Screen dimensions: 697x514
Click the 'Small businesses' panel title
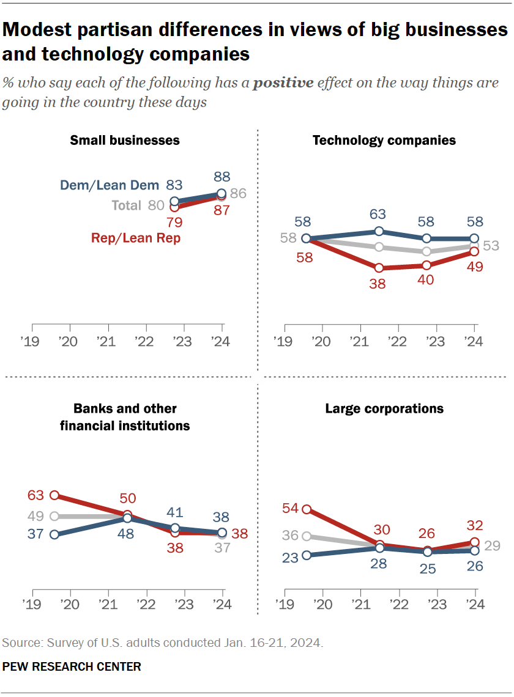tap(125, 140)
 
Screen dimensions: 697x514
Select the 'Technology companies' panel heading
tap(384, 140)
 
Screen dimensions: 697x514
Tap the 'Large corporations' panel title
tap(384, 408)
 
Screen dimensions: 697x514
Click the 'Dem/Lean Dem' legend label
tap(110, 185)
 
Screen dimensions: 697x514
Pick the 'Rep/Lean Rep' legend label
tap(136, 238)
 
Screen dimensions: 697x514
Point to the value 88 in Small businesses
tap(222, 177)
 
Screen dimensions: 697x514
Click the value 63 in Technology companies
tap(379, 215)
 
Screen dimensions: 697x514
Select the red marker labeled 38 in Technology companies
tap(379, 268)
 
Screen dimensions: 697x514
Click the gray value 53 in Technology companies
tap(491, 246)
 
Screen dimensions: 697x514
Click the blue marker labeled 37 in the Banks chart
tap(54, 534)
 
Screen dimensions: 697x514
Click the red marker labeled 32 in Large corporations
tap(474, 542)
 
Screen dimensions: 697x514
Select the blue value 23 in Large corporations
tap(289, 558)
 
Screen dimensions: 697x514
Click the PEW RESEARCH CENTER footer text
tap(72, 666)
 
